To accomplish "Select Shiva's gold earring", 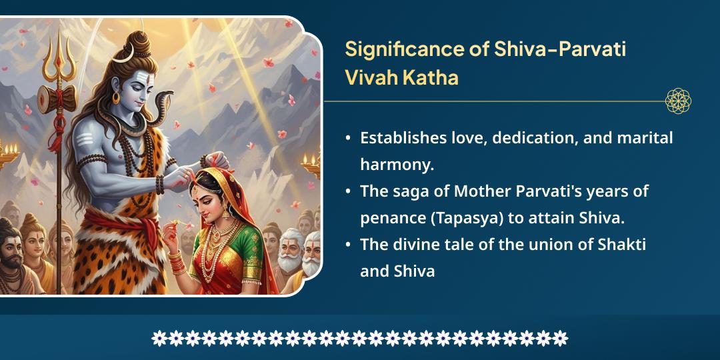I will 117,98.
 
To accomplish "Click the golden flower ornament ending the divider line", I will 678,101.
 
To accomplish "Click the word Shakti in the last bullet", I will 623,244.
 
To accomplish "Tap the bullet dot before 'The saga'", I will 348,191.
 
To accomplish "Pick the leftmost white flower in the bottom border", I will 159,338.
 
